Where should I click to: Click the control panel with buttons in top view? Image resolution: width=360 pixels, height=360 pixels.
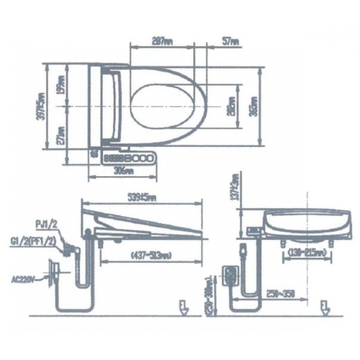pyautogui.click(x=128, y=158)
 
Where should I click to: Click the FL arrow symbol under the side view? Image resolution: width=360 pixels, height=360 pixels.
pyautogui.click(x=183, y=308)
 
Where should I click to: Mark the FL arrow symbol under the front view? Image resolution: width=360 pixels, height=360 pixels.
pyautogui.click(x=324, y=308)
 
